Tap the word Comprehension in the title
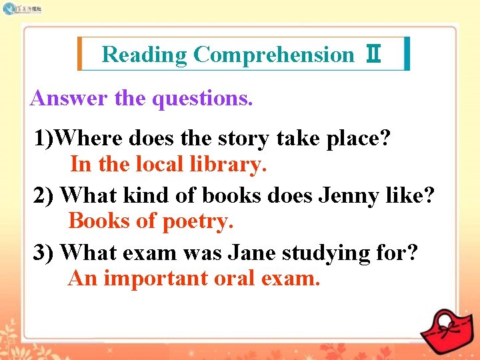click(x=273, y=54)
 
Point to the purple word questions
click(x=203, y=99)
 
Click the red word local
click(x=159, y=163)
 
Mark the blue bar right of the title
click(x=407, y=54)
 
